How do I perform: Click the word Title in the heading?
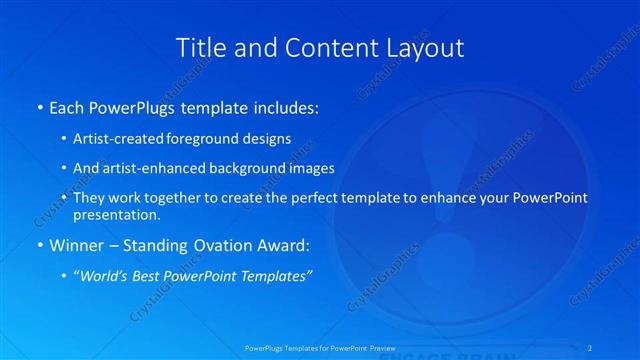click(x=200, y=47)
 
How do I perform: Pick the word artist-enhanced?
click(x=153, y=168)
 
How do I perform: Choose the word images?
click(x=312, y=168)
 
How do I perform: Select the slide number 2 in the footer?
click(x=592, y=348)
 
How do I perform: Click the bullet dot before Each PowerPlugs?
click(x=39, y=107)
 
